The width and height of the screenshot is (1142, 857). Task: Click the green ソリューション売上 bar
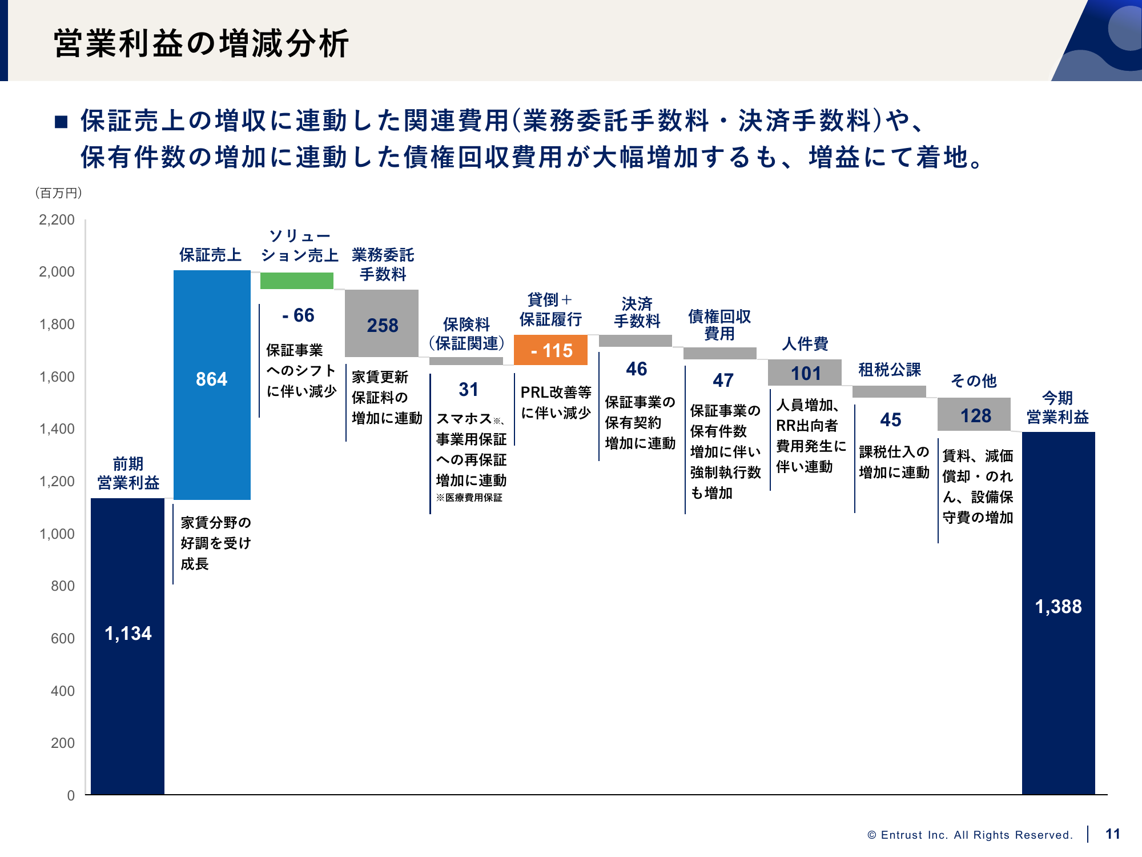[x=297, y=281]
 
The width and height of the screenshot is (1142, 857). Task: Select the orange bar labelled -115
[x=550, y=350]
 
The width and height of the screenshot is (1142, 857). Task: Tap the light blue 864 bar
[x=212, y=385]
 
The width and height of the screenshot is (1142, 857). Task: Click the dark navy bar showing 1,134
[x=127, y=646]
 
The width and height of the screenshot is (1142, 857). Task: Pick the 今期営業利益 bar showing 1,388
[x=1058, y=612]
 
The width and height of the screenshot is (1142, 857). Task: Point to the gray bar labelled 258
[x=381, y=323]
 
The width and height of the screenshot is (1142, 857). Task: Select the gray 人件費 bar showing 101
[x=805, y=373]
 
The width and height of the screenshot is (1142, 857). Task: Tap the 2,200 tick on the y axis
[x=57, y=220]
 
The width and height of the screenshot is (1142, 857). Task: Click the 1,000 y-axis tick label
[x=57, y=534]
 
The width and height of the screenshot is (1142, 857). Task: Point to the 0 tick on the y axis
[x=71, y=795]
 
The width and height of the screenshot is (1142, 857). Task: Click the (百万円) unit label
[x=59, y=193]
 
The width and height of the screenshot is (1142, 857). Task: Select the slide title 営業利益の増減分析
[x=201, y=43]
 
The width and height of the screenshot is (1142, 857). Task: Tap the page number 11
[x=1112, y=834]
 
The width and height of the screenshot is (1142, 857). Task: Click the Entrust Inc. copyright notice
[x=970, y=835]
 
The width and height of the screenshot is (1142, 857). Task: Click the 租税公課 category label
[x=890, y=370]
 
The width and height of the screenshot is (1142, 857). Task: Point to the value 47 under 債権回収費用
[x=723, y=380]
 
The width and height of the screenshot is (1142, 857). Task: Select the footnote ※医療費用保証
[x=469, y=498]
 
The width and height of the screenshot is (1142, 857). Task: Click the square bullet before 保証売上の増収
[x=61, y=122]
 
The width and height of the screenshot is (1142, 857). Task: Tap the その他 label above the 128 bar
[x=974, y=381]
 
